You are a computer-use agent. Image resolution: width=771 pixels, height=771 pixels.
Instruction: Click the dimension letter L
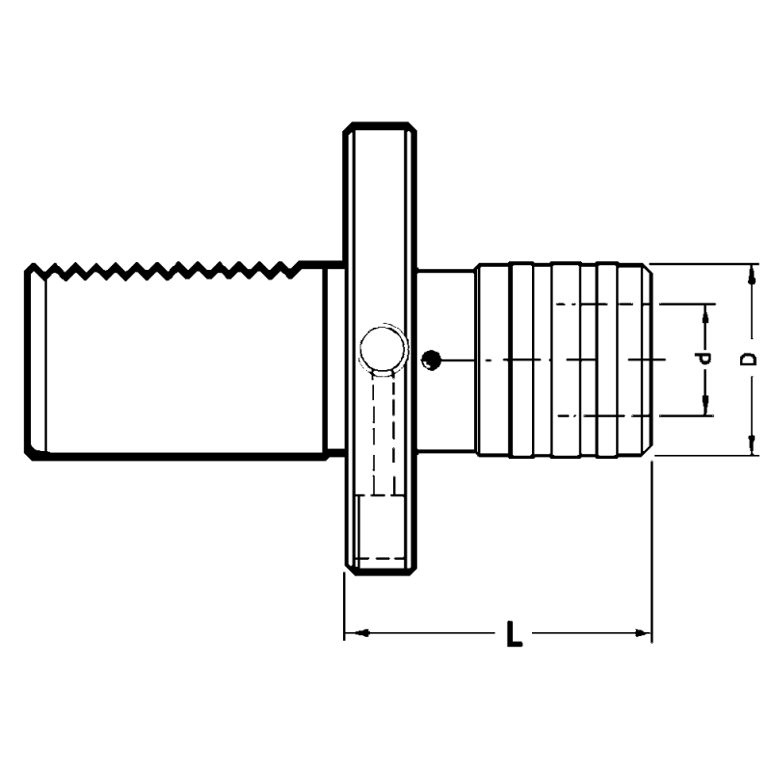click(x=515, y=635)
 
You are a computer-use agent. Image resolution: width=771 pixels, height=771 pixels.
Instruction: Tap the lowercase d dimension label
click(x=705, y=359)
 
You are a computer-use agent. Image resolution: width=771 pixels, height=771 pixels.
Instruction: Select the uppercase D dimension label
click(x=748, y=359)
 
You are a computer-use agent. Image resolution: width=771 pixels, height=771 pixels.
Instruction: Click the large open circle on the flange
click(x=382, y=348)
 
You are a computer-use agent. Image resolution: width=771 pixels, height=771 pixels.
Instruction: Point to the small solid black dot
click(x=432, y=360)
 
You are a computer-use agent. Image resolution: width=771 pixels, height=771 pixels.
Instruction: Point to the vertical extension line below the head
click(x=652, y=549)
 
